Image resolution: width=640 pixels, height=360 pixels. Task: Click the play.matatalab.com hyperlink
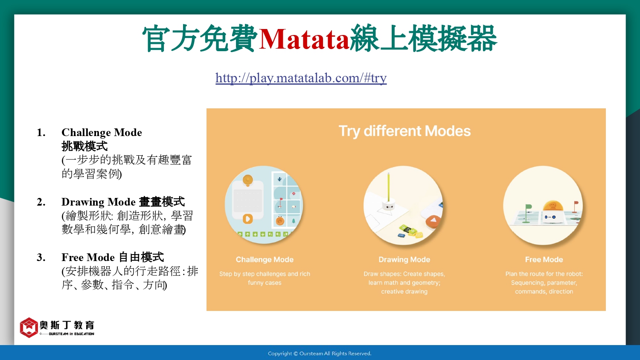pos(301,78)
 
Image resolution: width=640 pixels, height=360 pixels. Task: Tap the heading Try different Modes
pos(404,131)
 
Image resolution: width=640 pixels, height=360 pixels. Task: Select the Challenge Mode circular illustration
pos(264,205)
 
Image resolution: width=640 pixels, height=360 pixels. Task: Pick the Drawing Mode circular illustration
pos(403,205)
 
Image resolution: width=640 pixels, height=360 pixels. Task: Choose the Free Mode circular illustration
pos(543,205)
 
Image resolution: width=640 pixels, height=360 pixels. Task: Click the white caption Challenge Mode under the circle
pos(265,259)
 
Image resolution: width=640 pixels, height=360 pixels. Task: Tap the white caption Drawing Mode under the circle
pos(404,259)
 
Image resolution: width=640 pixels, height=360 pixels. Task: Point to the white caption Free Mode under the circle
pos(544,259)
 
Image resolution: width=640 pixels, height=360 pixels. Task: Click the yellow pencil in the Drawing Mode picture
pos(389,187)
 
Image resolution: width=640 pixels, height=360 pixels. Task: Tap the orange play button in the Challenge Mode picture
pos(248,219)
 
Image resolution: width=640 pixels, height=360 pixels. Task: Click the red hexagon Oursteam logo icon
pos(29,328)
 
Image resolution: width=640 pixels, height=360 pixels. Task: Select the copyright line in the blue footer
pos(320,354)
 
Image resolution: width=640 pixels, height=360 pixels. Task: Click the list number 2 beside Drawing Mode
pos(41,202)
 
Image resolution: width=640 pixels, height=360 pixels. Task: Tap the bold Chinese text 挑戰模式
pos(84,146)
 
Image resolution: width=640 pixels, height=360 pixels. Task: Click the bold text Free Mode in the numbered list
pos(88,257)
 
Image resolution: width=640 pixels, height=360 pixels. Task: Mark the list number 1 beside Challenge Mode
pos(41,133)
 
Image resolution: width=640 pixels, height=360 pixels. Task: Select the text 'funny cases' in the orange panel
pos(265,282)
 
